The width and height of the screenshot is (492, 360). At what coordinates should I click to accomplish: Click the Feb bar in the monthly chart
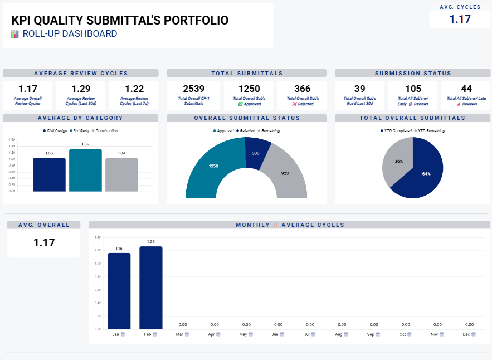[151, 288]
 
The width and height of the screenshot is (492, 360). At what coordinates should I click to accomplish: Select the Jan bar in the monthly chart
[119, 291]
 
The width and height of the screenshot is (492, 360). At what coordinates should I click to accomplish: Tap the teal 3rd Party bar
[85, 170]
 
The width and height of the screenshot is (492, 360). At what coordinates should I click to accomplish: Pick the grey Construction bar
[121, 174]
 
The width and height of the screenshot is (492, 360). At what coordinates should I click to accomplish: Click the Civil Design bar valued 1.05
[49, 174]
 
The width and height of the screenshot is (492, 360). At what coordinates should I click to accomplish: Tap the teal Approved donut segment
[213, 166]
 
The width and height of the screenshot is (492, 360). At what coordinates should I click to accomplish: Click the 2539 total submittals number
[193, 89]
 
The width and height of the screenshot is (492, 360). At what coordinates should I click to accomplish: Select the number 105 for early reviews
[413, 89]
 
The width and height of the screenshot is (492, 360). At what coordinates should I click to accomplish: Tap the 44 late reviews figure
[466, 89]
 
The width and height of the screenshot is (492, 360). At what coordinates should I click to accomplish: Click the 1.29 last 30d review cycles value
[81, 89]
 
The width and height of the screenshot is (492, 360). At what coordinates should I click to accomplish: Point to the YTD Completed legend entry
[396, 131]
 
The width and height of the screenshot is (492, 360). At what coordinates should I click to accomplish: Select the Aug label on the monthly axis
[339, 334]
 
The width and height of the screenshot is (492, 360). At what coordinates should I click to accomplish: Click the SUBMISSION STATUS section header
[413, 73]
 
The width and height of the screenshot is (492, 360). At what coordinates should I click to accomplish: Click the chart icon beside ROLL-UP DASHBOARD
[15, 34]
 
